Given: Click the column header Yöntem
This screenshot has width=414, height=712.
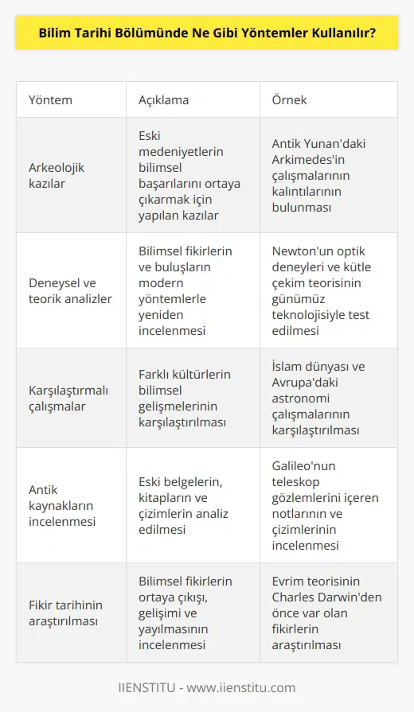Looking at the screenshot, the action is click(51, 100).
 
